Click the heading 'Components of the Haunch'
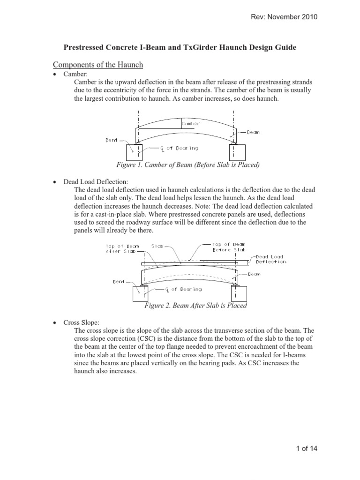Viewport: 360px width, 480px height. [97, 65]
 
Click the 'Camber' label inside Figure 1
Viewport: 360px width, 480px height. [190, 124]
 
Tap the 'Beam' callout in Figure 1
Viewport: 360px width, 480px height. [253, 132]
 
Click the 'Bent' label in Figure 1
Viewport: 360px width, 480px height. [112, 140]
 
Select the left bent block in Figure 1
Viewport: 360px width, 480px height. [136, 153]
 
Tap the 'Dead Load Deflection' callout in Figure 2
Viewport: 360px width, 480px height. [270, 259]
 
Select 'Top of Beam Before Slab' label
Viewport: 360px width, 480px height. [228, 247]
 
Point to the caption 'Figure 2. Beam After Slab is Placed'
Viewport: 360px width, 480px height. [195, 306]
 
